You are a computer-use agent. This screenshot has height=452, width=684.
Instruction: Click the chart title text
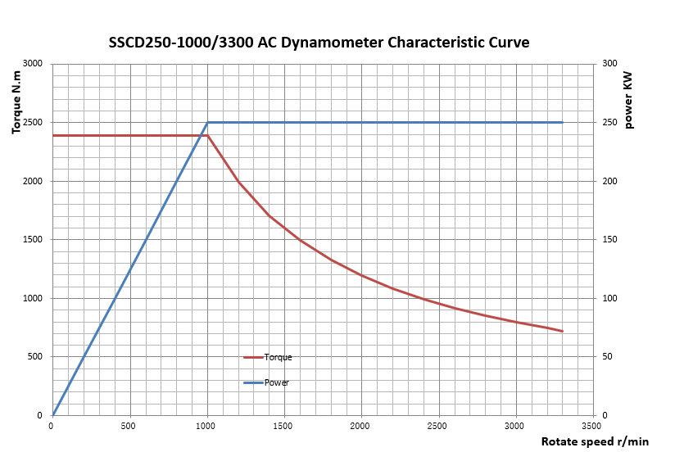[319, 43]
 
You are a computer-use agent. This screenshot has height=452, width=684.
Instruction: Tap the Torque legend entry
[278, 357]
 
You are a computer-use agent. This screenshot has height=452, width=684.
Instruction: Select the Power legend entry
[276, 382]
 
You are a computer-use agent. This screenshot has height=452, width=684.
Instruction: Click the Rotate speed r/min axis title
[595, 441]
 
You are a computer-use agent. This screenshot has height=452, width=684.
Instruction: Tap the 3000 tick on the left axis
[33, 64]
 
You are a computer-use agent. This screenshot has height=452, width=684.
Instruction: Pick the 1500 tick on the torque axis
[33, 240]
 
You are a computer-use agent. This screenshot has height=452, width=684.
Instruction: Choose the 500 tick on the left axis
[35, 357]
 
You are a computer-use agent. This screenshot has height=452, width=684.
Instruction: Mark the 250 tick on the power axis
[609, 123]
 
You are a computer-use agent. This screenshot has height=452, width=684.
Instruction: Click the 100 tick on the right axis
[609, 299]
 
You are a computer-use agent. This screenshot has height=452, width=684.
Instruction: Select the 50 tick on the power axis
[607, 357]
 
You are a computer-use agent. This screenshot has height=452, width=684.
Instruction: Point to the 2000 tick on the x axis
[361, 426]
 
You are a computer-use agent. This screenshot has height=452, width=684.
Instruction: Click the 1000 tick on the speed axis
[206, 426]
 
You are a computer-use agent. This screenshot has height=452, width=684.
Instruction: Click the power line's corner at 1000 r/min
[207, 123]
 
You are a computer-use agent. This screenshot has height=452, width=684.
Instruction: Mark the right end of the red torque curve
[563, 332]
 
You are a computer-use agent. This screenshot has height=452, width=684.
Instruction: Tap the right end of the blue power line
[563, 123]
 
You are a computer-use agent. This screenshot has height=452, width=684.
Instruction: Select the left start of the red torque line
[52, 135]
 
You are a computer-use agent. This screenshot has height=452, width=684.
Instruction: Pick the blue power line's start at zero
[52, 415]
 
